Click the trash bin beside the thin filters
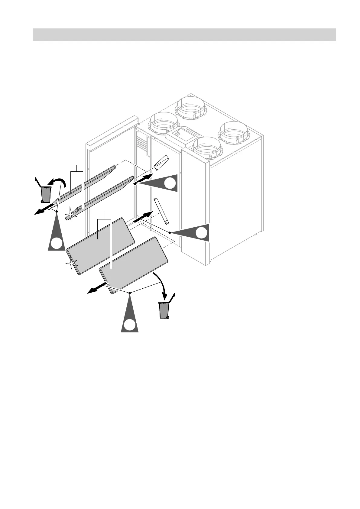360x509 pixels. (46, 194)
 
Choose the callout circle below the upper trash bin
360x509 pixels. (57, 243)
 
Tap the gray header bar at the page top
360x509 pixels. (184, 34)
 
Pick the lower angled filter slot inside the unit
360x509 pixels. (161, 211)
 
